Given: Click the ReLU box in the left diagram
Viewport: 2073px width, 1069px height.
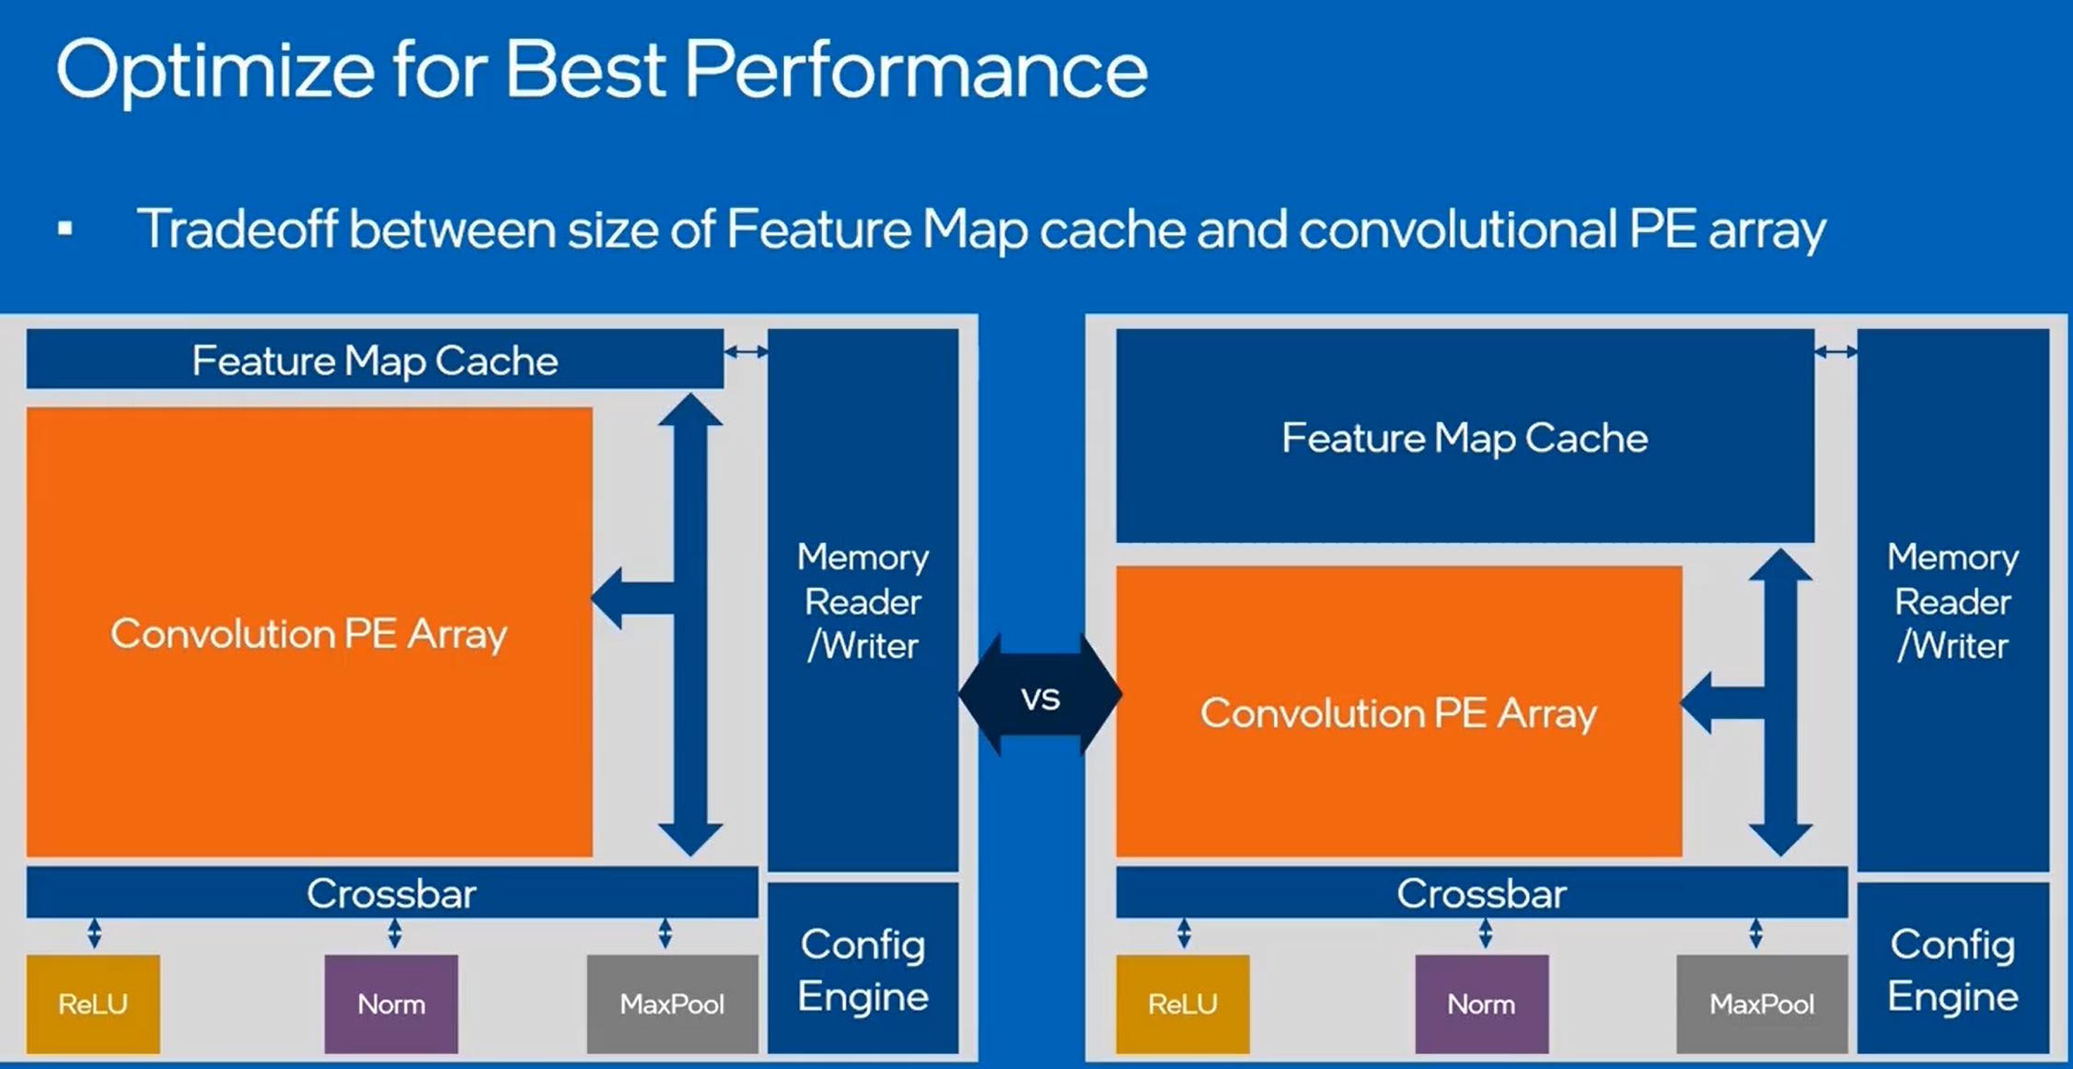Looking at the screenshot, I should tap(93, 1004).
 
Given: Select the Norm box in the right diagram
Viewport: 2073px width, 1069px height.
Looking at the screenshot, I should tap(1481, 1004).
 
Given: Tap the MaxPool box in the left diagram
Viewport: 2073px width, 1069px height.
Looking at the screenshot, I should tap(672, 1004).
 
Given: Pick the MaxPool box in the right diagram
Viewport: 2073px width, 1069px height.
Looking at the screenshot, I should tap(1761, 1004).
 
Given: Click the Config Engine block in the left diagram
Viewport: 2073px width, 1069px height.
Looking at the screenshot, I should tap(863, 969).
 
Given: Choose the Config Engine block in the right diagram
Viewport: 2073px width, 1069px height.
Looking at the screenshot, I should tap(1952, 969).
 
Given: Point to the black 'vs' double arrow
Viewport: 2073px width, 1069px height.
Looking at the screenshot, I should tap(1040, 697).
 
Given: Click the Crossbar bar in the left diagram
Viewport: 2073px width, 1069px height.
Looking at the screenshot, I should tap(391, 893).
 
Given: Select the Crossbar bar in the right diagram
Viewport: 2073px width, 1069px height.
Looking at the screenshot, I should tap(1481, 893).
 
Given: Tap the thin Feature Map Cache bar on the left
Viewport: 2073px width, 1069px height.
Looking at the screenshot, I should tap(375, 360).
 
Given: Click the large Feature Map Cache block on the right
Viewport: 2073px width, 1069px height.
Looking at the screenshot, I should tap(1465, 437).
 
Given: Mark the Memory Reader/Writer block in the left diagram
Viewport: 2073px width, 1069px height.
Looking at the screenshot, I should tap(863, 600).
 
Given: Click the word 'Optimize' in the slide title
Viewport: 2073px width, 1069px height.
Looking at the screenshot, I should tap(215, 72).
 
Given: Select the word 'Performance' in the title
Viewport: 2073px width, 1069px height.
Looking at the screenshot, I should tap(915, 70).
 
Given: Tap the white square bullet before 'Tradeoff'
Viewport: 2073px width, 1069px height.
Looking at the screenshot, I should tap(65, 228).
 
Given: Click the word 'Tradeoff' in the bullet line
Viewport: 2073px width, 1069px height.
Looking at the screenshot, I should tap(237, 228).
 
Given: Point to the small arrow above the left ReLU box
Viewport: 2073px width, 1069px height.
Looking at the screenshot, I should tap(94, 934).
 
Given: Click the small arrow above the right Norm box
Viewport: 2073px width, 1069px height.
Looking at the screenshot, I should tap(1485, 934).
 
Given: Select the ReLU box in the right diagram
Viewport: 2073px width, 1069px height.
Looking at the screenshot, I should tap(1182, 1004).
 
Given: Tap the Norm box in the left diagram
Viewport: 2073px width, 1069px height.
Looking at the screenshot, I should tap(391, 1004).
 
